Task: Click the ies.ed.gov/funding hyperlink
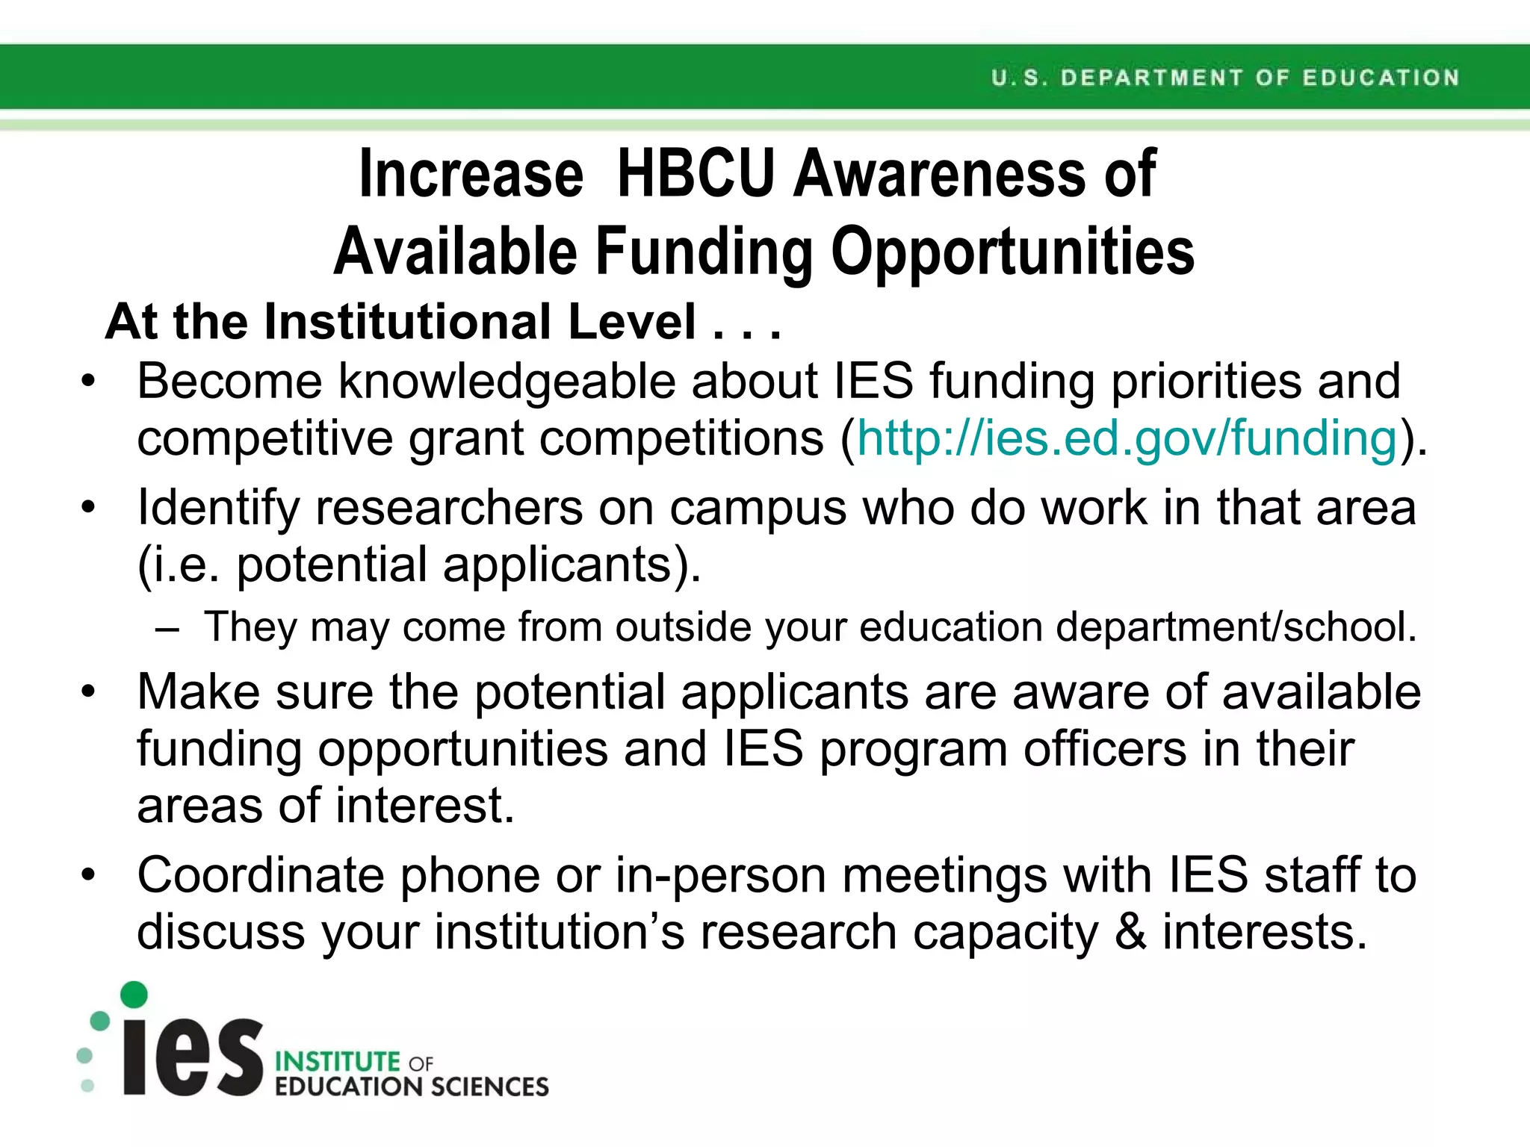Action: click(1127, 438)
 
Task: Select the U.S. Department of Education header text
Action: click(1225, 78)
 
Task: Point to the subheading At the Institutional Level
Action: click(442, 322)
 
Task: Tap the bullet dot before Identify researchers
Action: click(89, 508)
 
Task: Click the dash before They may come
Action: click(168, 628)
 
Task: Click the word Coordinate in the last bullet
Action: click(261, 875)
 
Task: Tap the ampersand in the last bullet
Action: click(1130, 932)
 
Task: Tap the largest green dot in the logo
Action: click(134, 995)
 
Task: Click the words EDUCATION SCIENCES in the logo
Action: click(412, 1087)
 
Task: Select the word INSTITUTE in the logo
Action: click(338, 1061)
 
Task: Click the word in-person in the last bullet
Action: click(720, 875)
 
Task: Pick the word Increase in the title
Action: click(471, 175)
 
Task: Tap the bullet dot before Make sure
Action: click(89, 691)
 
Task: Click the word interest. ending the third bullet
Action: click(425, 806)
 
